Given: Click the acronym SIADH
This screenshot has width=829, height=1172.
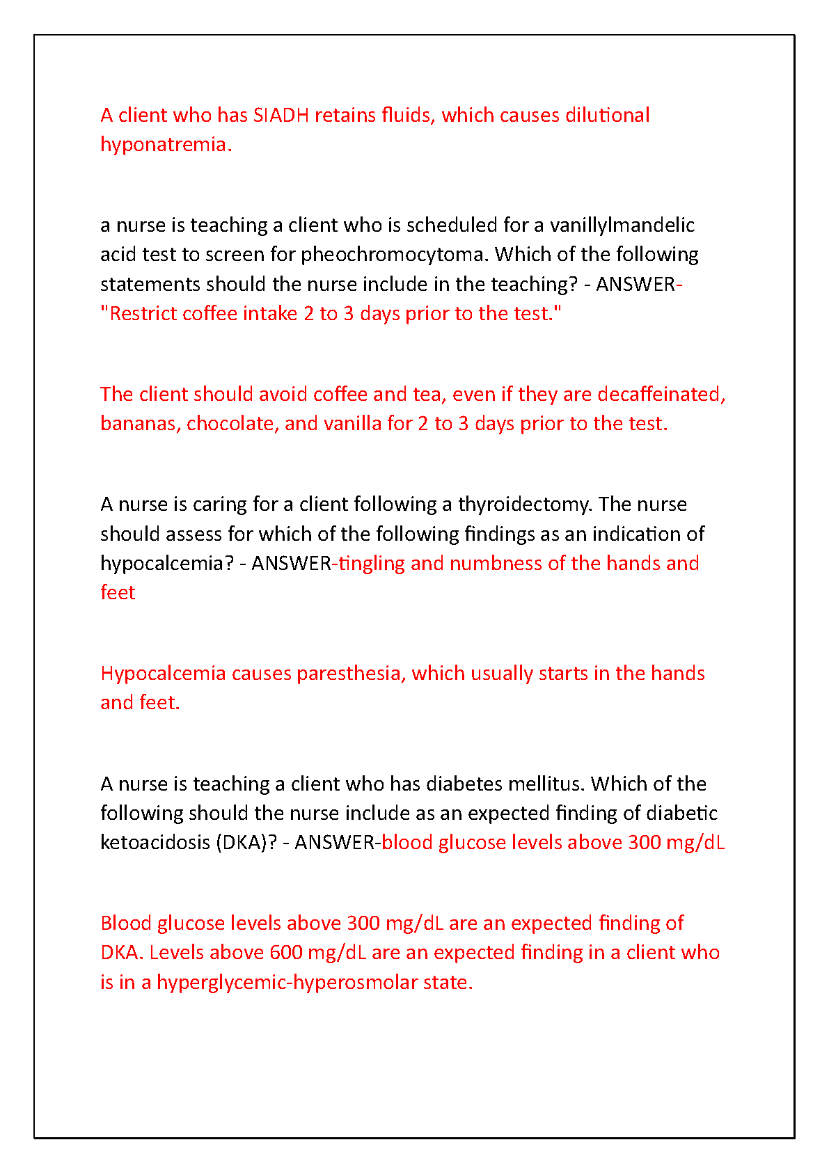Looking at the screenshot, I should [281, 115].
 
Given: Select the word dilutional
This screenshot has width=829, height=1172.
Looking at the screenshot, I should [607, 115].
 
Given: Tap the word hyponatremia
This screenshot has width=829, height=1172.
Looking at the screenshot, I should [164, 145].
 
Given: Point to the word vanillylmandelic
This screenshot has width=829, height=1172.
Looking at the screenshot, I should [622, 225].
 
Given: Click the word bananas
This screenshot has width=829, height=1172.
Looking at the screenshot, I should [141, 424].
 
